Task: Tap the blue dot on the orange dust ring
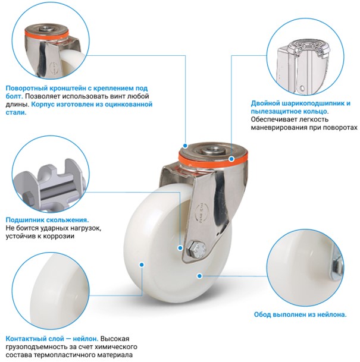[x=231, y=159]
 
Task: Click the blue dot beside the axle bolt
[x=180, y=248]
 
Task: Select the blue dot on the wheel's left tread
[x=142, y=265]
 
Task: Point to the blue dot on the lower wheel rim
[x=200, y=276]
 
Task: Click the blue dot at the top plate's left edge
[x=185, y=146]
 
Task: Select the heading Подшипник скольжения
[x=47, y=220]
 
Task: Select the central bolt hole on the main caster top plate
[x=211, y=150]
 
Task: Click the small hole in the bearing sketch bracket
[x=302, y=88]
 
